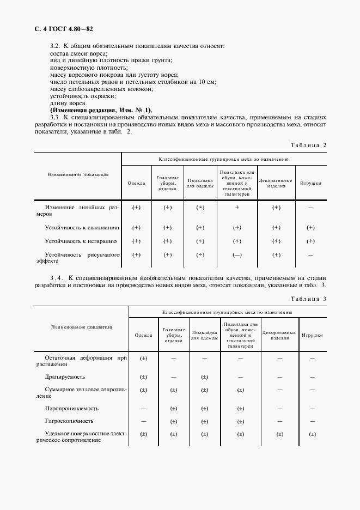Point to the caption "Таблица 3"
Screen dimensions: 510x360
click(308, 299)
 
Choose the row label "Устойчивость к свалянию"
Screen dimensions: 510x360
click(82, 227)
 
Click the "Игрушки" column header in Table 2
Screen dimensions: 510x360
click(310, 183)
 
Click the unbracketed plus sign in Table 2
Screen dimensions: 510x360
click(237, 208)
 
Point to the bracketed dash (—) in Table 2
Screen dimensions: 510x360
click(237, 254)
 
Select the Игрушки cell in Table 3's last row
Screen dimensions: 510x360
click(312, 434)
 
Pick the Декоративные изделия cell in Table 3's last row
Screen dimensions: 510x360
click(279, 434)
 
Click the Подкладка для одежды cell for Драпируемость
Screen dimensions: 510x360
click(204, 377)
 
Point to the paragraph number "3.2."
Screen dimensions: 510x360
click(54, 47)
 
